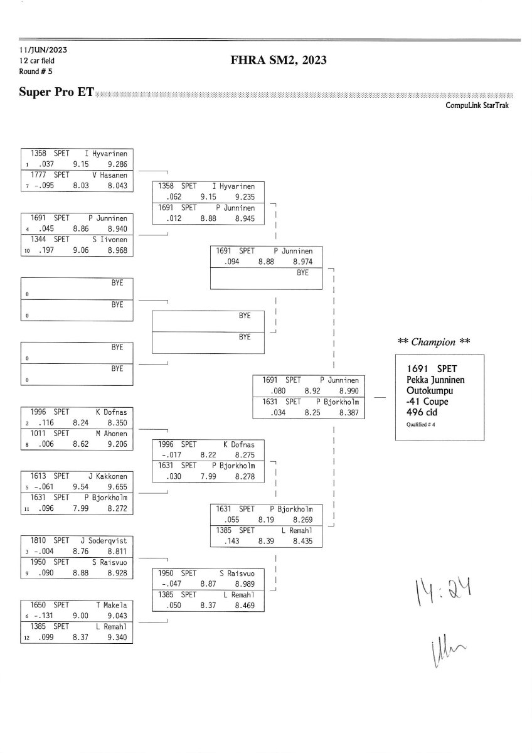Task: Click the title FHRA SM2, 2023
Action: pyautogui.click(x=279, y=60)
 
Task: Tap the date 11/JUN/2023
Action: pyautogui.click(x=43, y=50)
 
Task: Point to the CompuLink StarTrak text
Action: pyautogui.click(x=477, y=105)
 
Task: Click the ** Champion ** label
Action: pyautogui.click(x=434, y=342)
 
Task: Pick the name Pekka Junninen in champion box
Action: pyautogui.click(x=435, y=380)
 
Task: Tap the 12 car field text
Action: pyautogui.click(x=37, y=61)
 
